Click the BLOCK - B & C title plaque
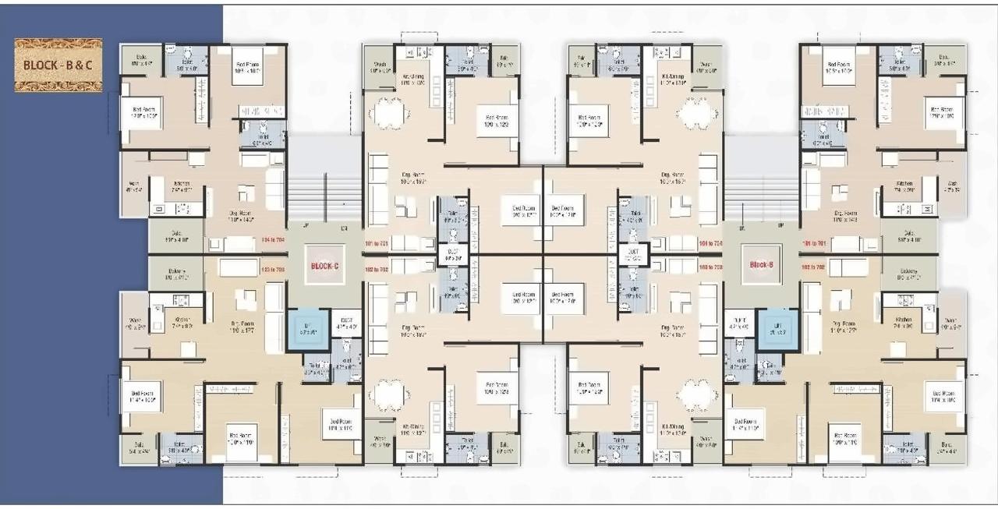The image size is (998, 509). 58,65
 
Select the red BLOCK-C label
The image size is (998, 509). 324,266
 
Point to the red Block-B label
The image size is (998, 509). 760,265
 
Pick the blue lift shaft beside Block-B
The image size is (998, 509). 776,328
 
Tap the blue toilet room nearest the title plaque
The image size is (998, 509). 186,60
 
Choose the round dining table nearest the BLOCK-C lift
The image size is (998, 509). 388,394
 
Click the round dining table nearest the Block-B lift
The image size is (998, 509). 696,394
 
